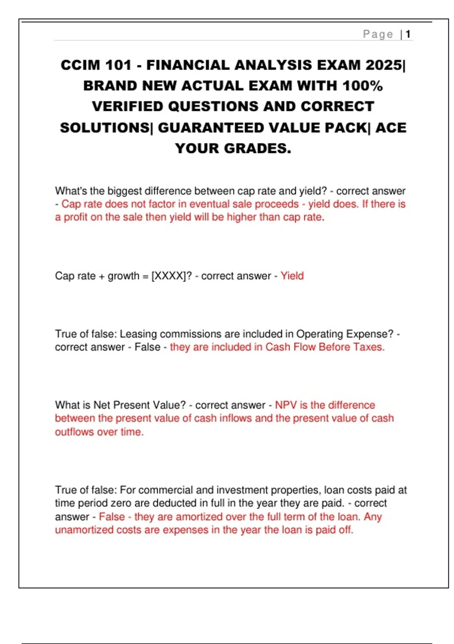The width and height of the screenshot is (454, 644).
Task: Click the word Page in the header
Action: pos(378,34)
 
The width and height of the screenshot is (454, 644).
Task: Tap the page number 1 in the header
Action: pos(408,34)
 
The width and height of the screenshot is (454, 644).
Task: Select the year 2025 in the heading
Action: pos(384,65)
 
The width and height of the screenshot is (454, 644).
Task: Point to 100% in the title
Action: pos(362,86)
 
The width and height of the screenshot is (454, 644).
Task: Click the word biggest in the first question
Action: pos(124,191)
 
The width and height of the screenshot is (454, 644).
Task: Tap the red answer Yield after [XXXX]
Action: pos(292,276)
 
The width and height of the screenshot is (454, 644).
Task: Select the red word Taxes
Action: pos(368,347)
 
